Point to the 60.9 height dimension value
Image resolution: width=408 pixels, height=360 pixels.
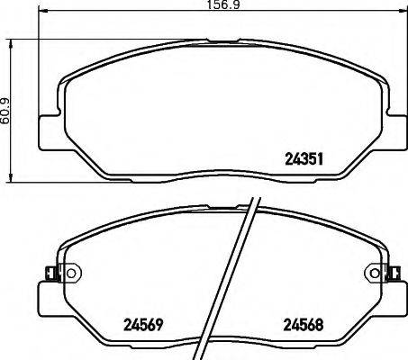click(x=6, y=110)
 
